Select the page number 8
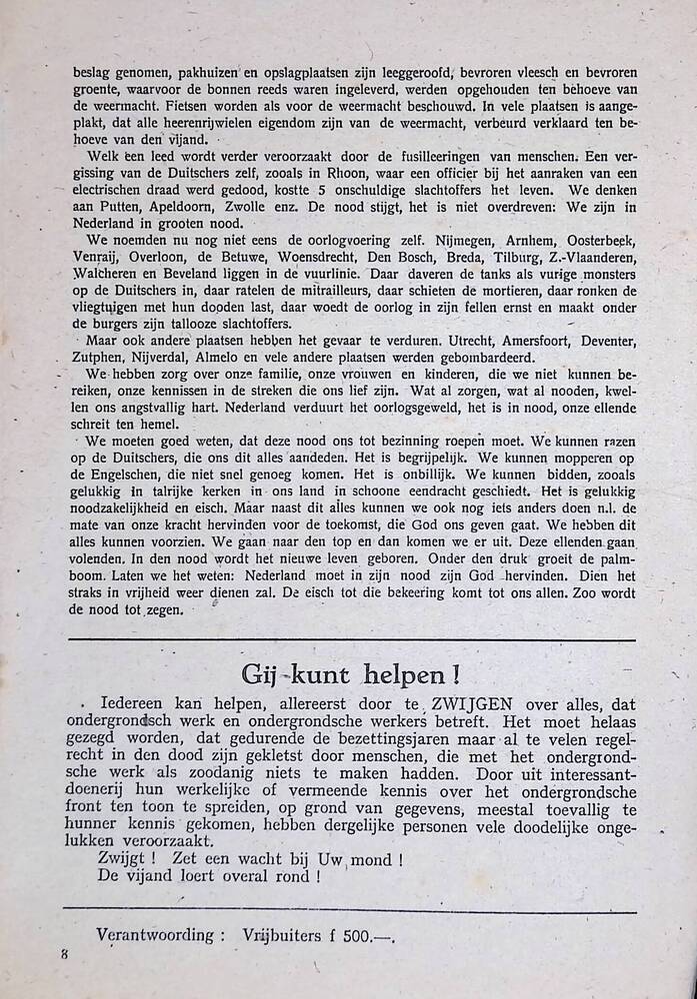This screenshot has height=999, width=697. click(x=64, y=954)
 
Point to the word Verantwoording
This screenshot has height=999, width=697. click(x=155, y=935)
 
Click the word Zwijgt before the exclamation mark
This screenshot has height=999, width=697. click(x=126, y=858)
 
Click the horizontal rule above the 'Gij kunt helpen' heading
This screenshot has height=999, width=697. click(x=349, y=639)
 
